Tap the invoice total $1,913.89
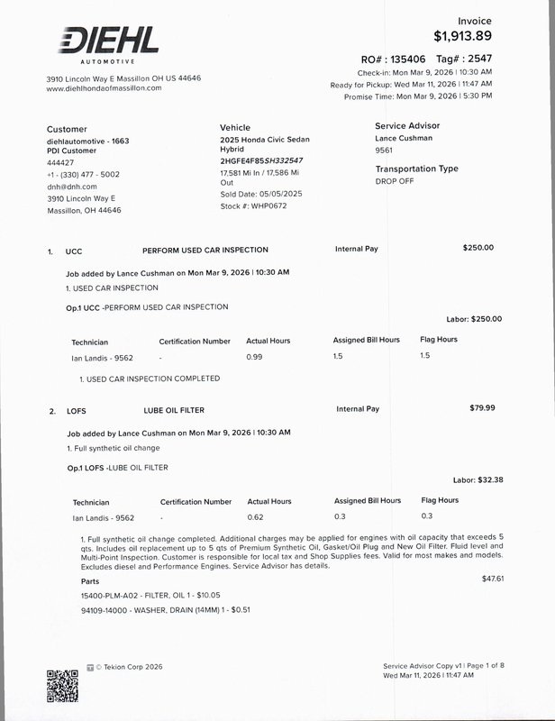click(463, 36)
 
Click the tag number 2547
click(477, 58)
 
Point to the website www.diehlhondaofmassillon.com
click(104, 88)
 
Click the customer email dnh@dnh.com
click(71, 187)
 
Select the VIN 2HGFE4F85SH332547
click(268, 159)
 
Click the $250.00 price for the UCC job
click(478, 247)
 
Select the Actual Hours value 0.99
click(255, 357)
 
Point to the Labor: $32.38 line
click(477, 479)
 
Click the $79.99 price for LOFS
click(483, 408)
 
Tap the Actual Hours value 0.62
click(255, 516)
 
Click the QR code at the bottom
click(62, 686)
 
